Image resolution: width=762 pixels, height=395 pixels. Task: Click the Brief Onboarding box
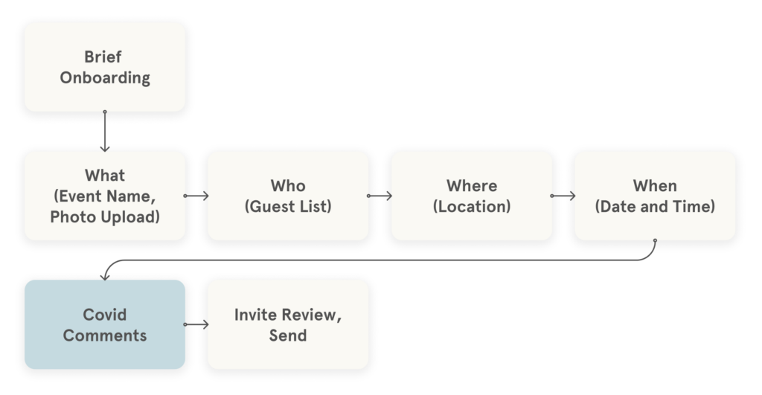point(104,67)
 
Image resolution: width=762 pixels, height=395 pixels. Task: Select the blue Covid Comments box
point(104,324)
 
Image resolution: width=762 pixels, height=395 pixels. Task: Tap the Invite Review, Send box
point(288,324)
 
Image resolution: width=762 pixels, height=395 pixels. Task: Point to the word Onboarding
point(104,77)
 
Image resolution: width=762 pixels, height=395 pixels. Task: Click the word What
point(104,176)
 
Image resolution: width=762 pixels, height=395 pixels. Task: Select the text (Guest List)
point(288,206)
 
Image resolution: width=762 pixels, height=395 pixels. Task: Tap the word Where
point(472,185)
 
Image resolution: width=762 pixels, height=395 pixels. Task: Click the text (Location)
point(472,206)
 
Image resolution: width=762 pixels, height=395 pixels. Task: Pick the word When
point(655,185)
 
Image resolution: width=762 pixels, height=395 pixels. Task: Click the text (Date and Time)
point(655,206)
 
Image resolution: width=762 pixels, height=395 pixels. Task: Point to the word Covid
point(104,314)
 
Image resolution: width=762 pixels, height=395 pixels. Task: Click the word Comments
point(104,335)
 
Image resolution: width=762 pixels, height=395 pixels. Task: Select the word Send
point(288,335)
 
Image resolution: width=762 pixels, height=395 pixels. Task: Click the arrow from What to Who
point(196,196)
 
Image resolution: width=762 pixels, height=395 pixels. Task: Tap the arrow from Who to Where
point(380,196)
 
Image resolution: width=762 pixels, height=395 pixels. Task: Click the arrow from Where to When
point(563,196)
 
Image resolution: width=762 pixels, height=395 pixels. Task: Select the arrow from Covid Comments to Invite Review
point(196,324)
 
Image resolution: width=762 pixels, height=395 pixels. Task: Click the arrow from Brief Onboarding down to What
point(105,131)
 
